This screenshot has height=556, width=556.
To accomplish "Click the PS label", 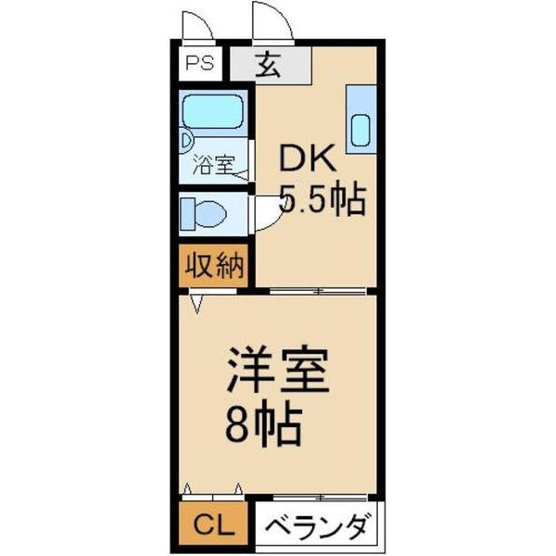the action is coord(200,63).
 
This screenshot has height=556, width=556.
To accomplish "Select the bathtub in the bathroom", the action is coord(213,111).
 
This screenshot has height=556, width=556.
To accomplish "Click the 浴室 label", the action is coord(213,165).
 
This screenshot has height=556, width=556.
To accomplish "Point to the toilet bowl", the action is coord(210,214).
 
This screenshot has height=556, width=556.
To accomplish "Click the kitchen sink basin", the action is coord(360,131).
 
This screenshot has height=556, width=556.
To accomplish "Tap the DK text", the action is coord(307,158).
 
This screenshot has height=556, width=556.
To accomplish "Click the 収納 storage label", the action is coord(215,265).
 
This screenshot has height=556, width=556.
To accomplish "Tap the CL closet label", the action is coord(214,525).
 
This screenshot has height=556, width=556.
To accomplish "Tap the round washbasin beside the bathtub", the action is coord(186,141).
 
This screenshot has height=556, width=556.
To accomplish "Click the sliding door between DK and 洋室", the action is coord(318,292).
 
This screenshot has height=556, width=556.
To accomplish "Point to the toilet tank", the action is coord(187,214).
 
